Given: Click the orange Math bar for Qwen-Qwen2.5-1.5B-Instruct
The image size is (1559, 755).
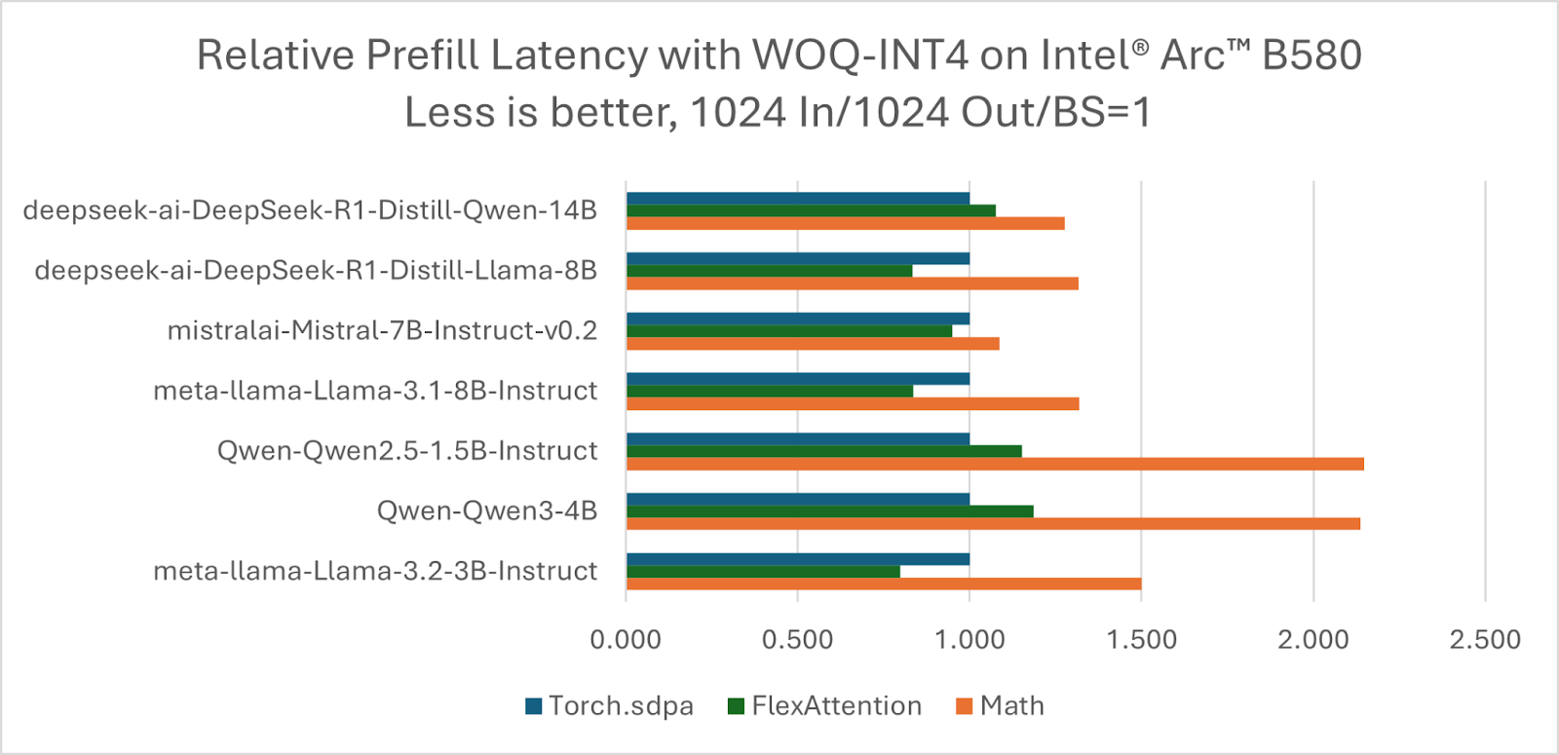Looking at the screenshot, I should pos(994,464).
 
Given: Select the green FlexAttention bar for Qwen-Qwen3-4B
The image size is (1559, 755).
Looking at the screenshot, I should pos(829,511).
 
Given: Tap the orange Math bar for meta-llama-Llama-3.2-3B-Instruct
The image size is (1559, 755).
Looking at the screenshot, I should pos(883,584).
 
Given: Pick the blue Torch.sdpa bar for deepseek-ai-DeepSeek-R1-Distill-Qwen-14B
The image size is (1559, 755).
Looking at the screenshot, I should pos(797,199).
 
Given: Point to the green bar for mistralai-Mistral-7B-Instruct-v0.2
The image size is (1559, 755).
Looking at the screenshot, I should pos(788,331).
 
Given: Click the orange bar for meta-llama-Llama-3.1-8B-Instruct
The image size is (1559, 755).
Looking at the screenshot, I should pos(852,403).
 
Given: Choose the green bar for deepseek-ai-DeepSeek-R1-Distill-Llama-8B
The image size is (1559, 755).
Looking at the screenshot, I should pos(769,271).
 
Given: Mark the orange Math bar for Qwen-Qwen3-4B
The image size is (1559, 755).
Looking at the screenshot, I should pos(992,524).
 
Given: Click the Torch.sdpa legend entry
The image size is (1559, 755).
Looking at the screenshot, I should pos(609,706).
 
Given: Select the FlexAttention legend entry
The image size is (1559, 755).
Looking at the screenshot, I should pos(824,706).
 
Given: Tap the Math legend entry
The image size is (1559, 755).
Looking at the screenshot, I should pos(1000,706).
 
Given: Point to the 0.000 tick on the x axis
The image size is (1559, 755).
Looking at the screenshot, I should pos(626,640).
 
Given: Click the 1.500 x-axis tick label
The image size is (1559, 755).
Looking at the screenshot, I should pos(1141,640).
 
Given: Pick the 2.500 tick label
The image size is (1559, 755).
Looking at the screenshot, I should pos(1485,640).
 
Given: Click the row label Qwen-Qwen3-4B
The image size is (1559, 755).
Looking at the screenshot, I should pos(487,510).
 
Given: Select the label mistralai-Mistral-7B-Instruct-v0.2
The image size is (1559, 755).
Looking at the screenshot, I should pos(382,331).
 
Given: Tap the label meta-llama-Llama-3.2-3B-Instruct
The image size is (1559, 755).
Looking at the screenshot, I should pos(375,571).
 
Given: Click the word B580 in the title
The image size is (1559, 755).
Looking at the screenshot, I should pos(1312,56).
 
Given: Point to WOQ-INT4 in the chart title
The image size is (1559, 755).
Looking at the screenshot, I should pos(860,56).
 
